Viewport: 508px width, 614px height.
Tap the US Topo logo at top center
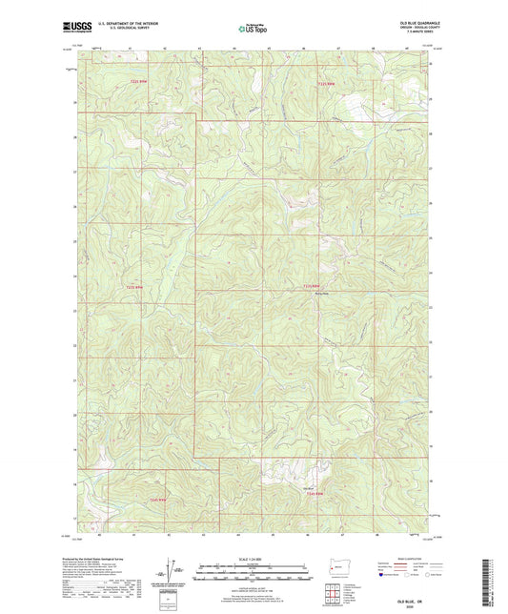253,29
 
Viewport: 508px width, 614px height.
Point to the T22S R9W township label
138,82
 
